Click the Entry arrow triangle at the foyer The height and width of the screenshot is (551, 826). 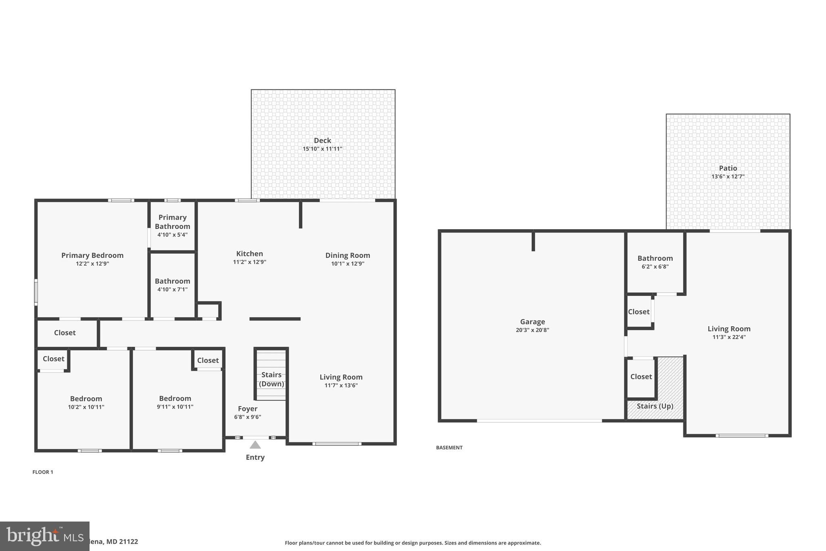(255, 445)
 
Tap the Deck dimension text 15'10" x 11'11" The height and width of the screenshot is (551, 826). (322, 149)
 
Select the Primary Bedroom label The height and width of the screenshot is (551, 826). (92, 255)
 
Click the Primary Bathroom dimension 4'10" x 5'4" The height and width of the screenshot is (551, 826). (172, 235)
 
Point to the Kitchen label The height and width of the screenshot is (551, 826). (249, 254)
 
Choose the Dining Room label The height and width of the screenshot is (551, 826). (347, 255)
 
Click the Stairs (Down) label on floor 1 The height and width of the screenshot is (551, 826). (271, 379)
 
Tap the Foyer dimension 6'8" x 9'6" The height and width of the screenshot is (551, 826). (247, 417)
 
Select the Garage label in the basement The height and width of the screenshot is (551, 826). (532, 322)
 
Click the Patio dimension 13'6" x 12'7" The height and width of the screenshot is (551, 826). (728, 177)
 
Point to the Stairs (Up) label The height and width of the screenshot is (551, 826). (655, 406)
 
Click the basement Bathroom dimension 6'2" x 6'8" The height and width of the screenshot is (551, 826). (655, 267)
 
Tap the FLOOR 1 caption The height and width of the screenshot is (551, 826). (43, 472)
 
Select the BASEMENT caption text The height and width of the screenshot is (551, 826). (449, 448)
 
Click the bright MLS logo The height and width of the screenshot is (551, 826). (44, 536)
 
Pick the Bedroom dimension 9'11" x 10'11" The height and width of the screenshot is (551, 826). (175, 407)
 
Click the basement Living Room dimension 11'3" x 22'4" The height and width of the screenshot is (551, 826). (729, 337)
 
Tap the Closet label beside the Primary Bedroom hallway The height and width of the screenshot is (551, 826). (65, 333)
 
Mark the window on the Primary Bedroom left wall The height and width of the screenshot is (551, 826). (36, 292)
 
